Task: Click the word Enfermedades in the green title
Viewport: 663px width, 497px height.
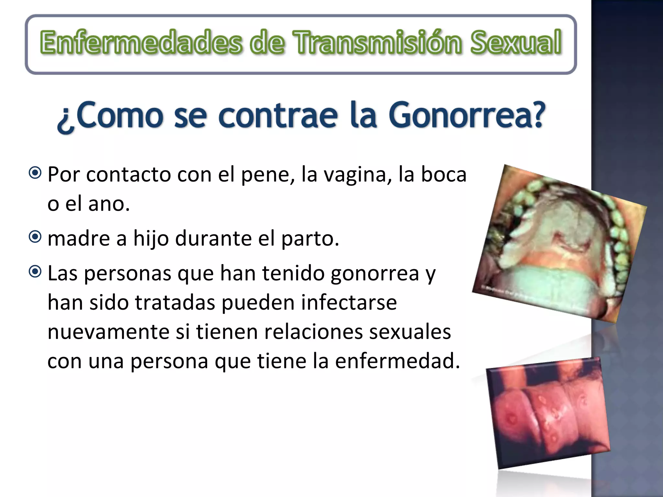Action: click(x=141, y=42)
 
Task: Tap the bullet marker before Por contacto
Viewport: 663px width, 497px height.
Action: click(x=35, y=173)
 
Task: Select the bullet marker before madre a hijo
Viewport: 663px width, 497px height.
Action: click(x=35, y=237)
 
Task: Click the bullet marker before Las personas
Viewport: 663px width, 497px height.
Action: click(x=35, y=271)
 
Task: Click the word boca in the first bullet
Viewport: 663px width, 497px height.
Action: click(x=444, y=174)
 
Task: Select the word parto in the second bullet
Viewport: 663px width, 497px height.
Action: click(x=309, y=239)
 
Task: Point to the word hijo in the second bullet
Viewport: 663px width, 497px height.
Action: click(x=151, y=239)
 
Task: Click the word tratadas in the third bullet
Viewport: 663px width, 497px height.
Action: click(x=175, y=303)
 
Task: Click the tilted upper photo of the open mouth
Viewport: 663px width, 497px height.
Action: click(x=559, y=243)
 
